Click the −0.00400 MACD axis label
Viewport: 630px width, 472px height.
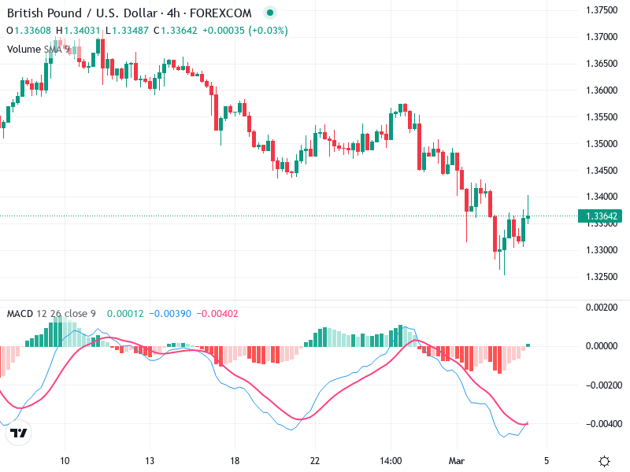click(x=602, y=424)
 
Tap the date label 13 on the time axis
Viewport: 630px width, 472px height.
click(x=150, y=461)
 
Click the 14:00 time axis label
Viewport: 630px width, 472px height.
click(x=391, y=461)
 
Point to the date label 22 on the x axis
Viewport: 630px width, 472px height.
click(x=315, y=461)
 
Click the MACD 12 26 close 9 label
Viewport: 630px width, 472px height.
click(x=51, y=314)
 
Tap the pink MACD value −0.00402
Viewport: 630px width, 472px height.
click(x=215, y=314)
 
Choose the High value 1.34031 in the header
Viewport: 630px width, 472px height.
click(x=83, y=30)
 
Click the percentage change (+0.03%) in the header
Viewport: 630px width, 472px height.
click(x=268, y=30)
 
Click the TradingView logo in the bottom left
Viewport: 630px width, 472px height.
click(x=19, y=433)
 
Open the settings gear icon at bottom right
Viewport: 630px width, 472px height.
click(x=604, y=461)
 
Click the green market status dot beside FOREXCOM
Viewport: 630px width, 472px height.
click(x=270, y=13)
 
